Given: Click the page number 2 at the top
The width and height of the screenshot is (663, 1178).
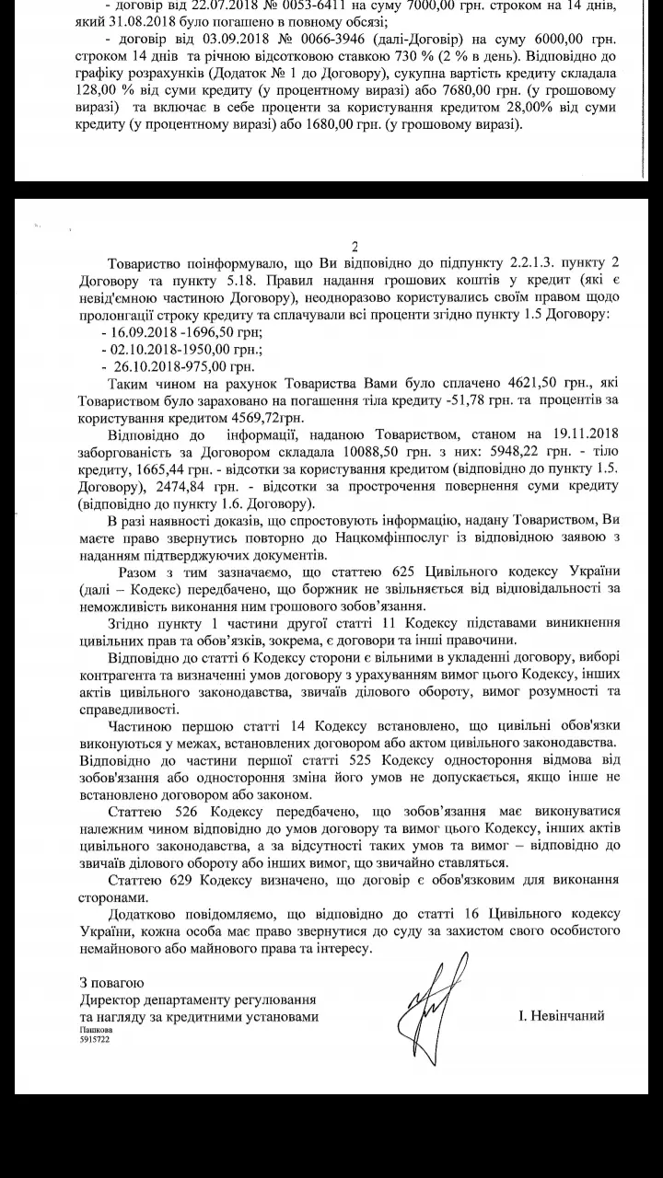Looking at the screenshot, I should pos(354,246).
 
